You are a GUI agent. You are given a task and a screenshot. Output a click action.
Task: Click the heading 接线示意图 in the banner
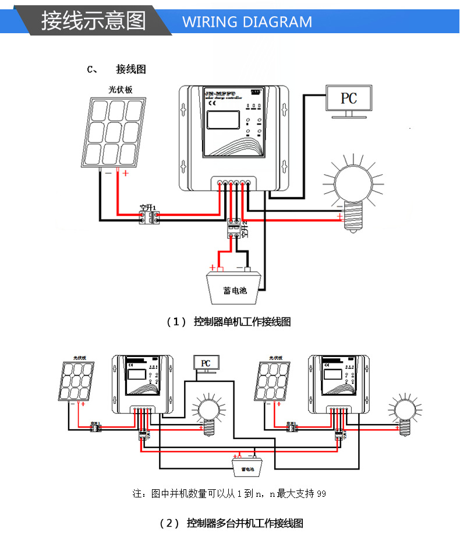click(93, 21)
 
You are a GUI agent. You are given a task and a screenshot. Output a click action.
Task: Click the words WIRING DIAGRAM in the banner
click(247, 22)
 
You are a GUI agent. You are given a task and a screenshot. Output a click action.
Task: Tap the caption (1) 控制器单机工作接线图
click(229, 322)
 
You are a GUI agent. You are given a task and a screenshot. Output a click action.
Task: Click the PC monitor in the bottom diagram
click(205, 363)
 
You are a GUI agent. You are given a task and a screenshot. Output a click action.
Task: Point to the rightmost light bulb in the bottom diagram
click(403, 411)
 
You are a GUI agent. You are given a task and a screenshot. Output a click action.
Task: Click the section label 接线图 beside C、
click(130, 69)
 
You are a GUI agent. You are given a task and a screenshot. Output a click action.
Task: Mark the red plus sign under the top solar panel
click(125, 173)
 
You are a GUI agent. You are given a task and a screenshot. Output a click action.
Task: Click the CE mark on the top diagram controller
click(213, 105)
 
